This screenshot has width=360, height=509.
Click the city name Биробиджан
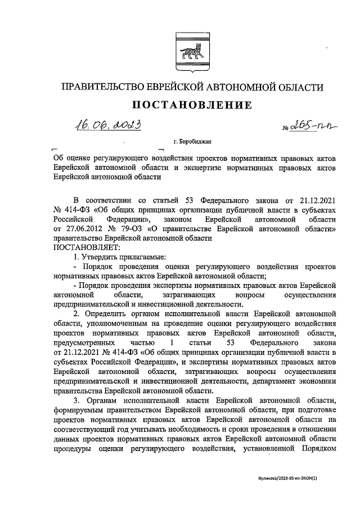pyautogui.click(x=196, y=142)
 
